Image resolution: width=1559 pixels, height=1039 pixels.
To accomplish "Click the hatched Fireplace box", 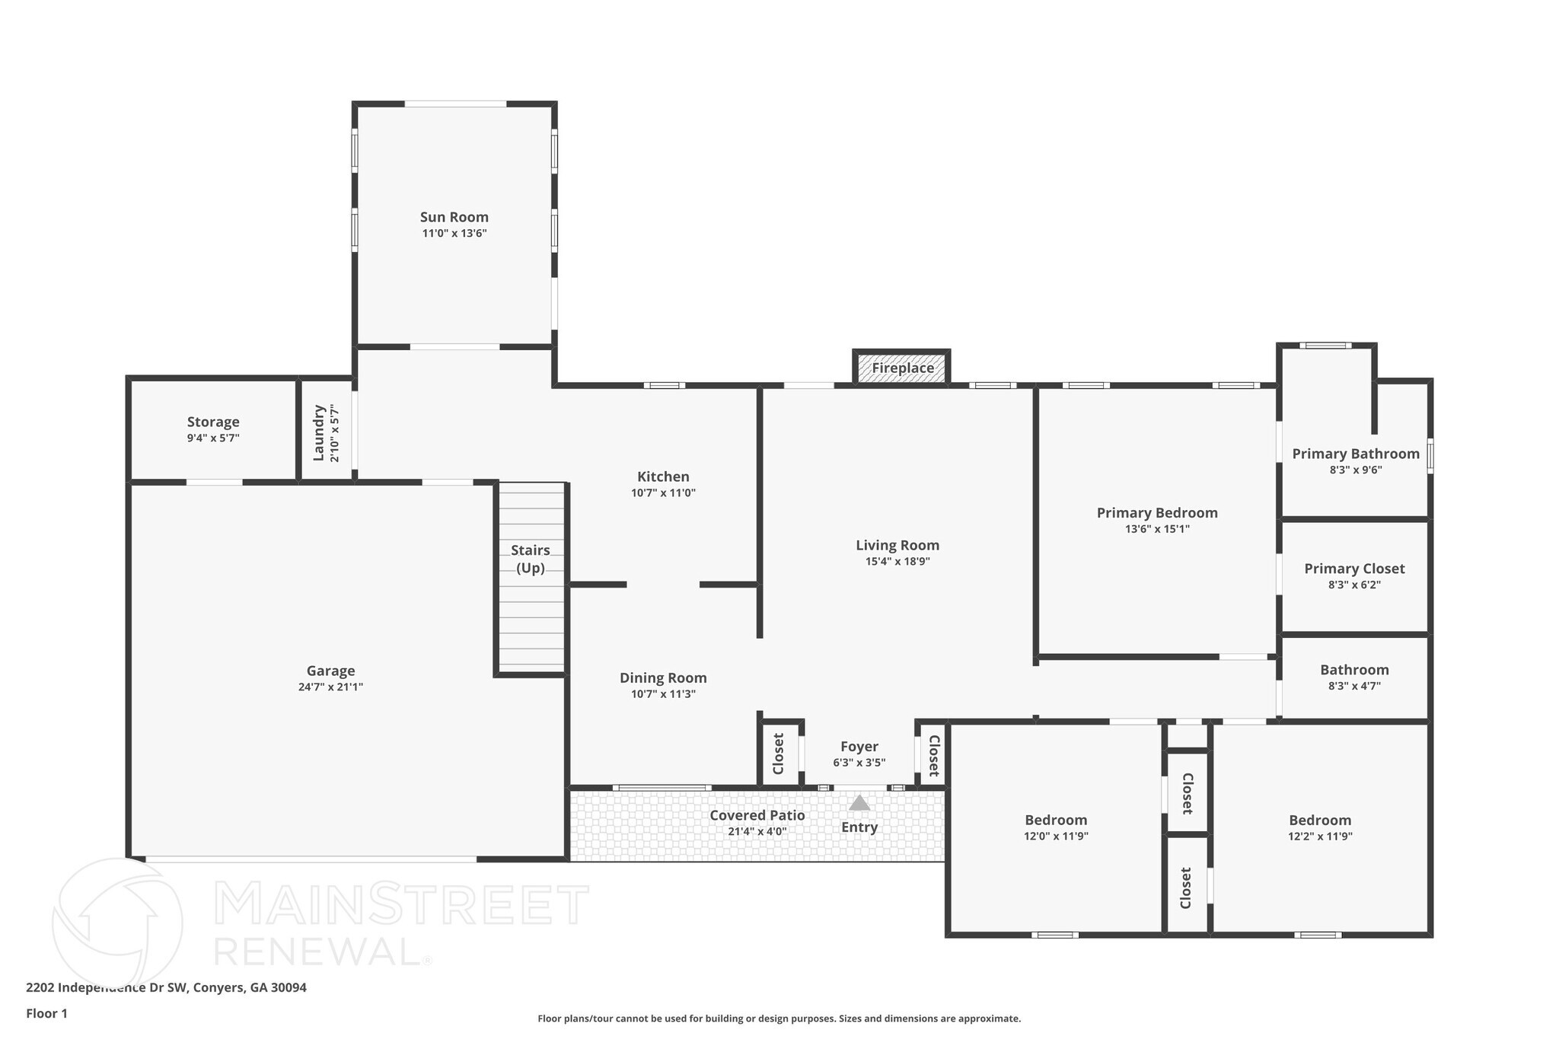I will [902, 368].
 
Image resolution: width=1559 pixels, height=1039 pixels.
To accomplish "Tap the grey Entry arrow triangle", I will [859, 803].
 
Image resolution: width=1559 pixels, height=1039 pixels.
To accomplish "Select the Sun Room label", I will [454, 218].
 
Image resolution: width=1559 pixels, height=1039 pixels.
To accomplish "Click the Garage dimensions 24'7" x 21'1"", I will [330, 687].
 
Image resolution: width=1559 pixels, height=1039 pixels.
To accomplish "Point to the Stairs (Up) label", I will [531, 559].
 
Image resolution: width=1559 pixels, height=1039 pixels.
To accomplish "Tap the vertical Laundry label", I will [319, 432].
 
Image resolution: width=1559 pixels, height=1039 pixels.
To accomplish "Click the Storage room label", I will [213, 422].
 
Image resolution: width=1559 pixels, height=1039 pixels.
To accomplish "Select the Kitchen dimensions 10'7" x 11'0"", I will [663, 492].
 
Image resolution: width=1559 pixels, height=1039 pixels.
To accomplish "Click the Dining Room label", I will [663, 677].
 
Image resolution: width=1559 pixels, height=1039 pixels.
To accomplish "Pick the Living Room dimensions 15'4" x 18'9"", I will [897, 562].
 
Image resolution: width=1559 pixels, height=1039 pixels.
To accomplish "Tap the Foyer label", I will [859, 747].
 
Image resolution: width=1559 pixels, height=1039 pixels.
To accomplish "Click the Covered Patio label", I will [757, 815].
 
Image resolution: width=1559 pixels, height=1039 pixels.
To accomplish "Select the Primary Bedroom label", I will [1157, 513].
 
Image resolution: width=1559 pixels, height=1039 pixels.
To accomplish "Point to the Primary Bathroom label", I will [1356, 454].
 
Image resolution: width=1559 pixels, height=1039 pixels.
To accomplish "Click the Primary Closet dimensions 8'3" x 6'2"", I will [1354, 585].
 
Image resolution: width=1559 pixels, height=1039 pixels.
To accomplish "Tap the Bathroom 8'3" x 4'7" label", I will [1354, 670].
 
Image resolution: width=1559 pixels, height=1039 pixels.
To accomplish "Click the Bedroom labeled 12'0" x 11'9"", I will [1056, 821].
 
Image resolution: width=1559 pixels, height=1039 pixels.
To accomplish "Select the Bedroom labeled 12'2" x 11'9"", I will [1320, 821].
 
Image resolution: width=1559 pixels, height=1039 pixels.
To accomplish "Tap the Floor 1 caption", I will [46, 1013].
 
